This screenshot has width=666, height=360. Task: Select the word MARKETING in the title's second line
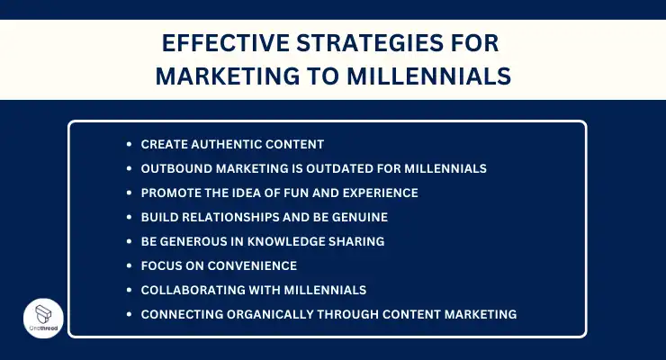[x=221, y=76]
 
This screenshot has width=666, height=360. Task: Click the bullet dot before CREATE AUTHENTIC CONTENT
[x=130, y=144]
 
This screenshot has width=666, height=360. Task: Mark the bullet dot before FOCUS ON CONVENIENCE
[x=130, y=265]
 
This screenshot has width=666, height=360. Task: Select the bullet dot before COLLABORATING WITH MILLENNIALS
[x=130, y=290]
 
